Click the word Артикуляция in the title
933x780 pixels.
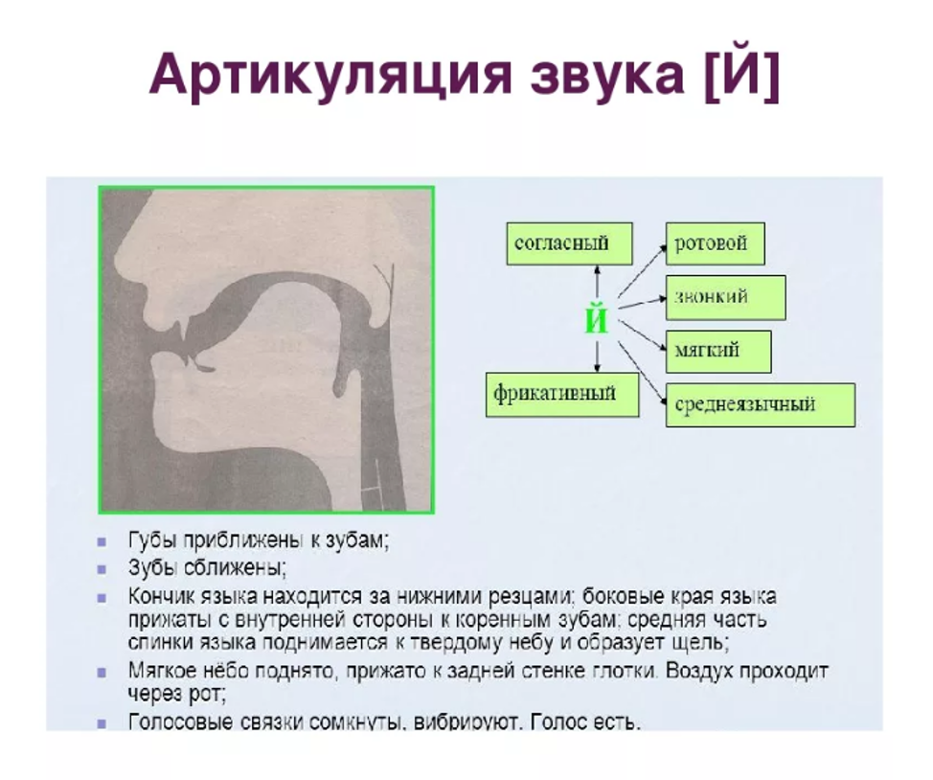(330, 75)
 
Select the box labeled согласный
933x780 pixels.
(569, 243)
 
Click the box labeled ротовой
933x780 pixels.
(716, 243)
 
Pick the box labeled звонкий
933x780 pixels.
(725, 297)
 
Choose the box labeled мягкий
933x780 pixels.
(718, 352)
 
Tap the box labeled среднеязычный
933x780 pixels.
(761, 405)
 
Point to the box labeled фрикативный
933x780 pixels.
(562, 394)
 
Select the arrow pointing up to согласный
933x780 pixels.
(598, 282)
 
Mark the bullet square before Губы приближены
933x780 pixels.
(102, 541)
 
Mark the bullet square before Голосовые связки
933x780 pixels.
(102, 724)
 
